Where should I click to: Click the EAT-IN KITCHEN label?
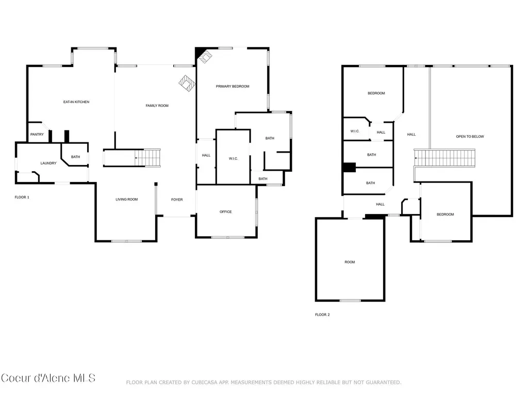pos(76,102)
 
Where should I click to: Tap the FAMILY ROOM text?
pos(157,106)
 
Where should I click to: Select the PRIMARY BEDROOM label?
pos(233,87)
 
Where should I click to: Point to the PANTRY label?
pos(37,135)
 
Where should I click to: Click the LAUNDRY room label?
pos(48,163)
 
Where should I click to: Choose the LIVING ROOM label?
pos(127,200)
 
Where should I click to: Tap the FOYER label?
pos(177,200)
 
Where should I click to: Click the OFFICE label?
pos(226,212)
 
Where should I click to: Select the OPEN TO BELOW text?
pos(470,137)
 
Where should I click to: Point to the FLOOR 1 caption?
pos(22,197)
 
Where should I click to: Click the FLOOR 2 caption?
pos(322,315)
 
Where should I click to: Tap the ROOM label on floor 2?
pos(350,262)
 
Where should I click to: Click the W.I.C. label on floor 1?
pos(234,159)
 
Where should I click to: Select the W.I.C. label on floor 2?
pos(355,131)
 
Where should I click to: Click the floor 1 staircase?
pos(147,158)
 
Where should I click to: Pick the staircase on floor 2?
pos(444,158)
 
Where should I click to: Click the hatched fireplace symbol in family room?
pos(187,83)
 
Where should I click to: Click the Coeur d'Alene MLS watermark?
pos(48,378)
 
